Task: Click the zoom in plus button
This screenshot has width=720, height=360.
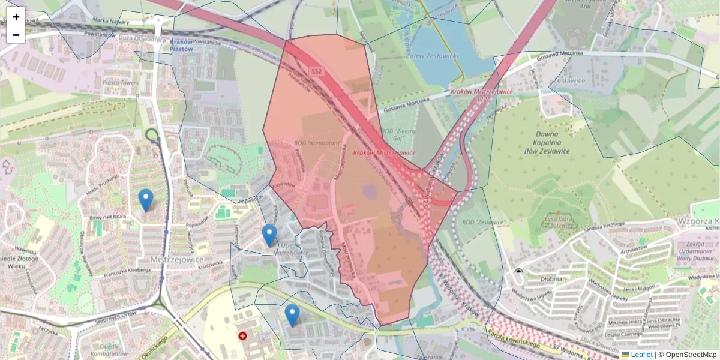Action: [x=16, y=16]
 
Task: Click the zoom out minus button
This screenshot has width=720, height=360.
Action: [x=16, y=35]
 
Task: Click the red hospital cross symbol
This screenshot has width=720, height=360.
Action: [x=242, y=337]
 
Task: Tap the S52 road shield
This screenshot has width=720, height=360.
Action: [x=316, y=71]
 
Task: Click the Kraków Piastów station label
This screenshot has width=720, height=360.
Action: [x=181, y=45]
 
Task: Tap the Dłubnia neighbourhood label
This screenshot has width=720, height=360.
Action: [x=550, y=278]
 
